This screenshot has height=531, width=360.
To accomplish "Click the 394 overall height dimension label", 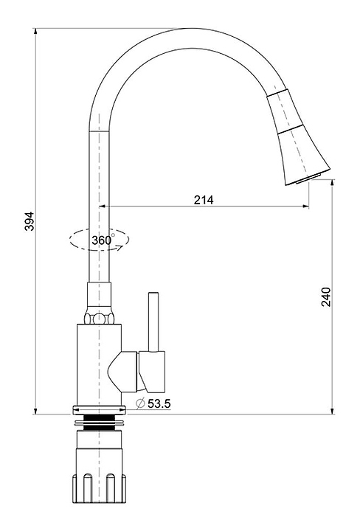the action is click(30, 221).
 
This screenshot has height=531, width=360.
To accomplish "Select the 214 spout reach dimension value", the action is click(204, 200).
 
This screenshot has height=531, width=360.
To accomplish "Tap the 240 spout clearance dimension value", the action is click(326, 296).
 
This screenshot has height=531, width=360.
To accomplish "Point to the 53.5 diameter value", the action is click(159, 403).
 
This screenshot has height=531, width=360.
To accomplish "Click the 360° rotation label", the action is click(103, 240).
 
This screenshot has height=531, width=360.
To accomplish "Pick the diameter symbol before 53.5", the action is click(140, 403).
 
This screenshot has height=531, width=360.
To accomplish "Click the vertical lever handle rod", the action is click(153, 322).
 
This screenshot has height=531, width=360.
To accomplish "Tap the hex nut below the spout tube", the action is click(99, 319).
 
